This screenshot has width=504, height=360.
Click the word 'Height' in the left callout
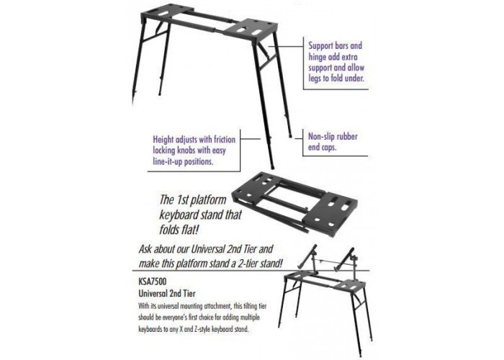[163, 140]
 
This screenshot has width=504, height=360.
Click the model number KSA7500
[153, 282]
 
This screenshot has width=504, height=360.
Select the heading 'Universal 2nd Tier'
[167, 293]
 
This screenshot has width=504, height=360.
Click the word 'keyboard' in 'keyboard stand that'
[179, 215]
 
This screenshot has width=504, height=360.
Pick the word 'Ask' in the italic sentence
[145, 249]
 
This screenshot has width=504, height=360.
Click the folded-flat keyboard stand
[294, 205]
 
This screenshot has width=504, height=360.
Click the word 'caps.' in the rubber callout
[329, 147]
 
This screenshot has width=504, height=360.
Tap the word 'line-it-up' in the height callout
[168, 161]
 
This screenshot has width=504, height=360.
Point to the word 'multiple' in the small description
[249, 318]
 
